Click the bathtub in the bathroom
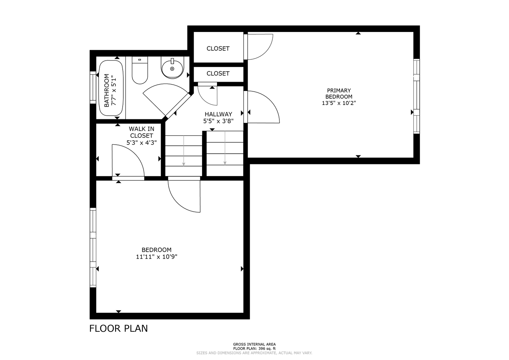click(x=111, y=88)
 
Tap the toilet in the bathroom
click(x=140, y=70)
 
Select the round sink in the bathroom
click(x=172, y=67)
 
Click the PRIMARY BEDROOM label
click(x=339, y=93)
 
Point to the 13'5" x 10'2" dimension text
click(x=339, y=103)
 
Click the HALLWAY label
click(x=218, y=114)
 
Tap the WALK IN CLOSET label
click(x=141, y=132)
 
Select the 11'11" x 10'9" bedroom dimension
click(x=157, y=257)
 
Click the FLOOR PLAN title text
click(x=118, y=328)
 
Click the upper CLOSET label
click(x=218, y=48)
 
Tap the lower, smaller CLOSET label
click(x=218, y=73)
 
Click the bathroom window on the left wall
click(x=93, y=87)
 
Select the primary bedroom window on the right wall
click(x=417, y=96)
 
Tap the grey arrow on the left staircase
click(x=184, y=151)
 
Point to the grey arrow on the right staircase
click(x=225, y=148)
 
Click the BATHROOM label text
click(x=106, y=90)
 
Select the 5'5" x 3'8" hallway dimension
click(x=218, y=121)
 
